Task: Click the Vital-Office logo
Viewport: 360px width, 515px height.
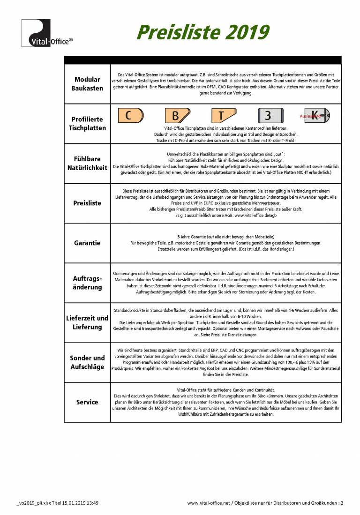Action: click(x=47, y=33)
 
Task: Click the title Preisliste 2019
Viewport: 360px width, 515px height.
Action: click(x=202, y=32)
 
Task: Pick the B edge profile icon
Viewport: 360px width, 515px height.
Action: click(x=177, y=115)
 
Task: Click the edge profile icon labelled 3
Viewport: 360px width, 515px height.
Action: click(x=270, y=115)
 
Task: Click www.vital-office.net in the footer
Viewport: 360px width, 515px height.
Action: click(x=209, y=503)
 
